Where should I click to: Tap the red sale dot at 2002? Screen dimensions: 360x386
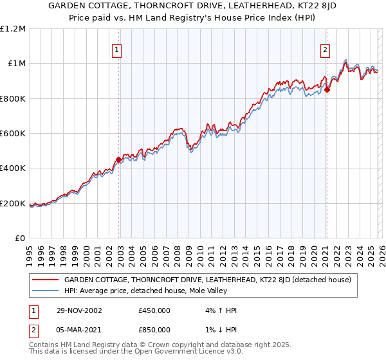click(119, 159)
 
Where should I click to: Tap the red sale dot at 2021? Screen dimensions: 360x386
click(327, 90)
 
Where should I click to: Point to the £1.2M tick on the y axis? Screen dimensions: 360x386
click(14, 29)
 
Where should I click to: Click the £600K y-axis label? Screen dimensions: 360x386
click(14, 134)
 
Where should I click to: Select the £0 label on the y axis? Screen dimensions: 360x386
click(19, 239)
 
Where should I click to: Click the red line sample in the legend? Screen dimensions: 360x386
click(45, 280)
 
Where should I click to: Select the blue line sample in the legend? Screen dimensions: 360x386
click(45, 291)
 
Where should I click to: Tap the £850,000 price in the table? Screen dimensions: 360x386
click(154, 329)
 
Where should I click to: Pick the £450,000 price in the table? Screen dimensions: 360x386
click(154, 310)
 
